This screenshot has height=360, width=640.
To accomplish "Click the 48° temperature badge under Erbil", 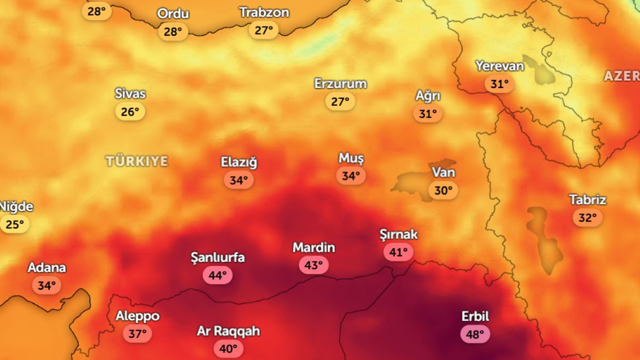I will pyautogui.click(x=475, y=334).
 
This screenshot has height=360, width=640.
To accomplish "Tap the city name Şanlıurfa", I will pyautogui.click(x=218, y=258).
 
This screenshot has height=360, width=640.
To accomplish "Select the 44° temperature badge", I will pyautogui.click(x=218, y=275).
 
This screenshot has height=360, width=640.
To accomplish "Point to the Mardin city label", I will pyautogui.click(x=314, y=247).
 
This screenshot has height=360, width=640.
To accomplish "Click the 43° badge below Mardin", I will pyautogui.click(x=314, y=265).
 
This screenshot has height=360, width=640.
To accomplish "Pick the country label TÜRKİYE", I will pyautogui.click(x=137, y=161).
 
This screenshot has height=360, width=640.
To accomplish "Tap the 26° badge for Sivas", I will pyautogui.click(x=130, y=111).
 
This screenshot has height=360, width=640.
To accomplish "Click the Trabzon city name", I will pyautogui.click(x=264, y=12).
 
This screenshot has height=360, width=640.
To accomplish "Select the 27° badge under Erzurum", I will pyautogui.click(x=340, y=101).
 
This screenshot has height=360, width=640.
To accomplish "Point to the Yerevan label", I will pyautogui.click(x=500, y=66).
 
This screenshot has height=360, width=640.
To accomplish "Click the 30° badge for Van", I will pyautogui.click(x=443, y=190).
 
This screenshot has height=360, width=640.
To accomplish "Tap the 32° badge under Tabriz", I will pyautogui.click(x=588, y=218).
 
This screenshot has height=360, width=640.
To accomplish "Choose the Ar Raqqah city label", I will pyautogui.click(x=229, y=331).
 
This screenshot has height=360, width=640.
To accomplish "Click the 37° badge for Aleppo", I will pyautogui.click(x=138, y=334).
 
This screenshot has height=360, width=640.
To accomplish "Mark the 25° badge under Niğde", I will pyautogui.click(x=14, y=225).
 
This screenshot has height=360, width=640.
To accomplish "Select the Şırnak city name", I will pyautogui.click(x=398, y=234).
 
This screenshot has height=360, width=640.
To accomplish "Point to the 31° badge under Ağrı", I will pyautogui.click(x=428, y=114).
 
